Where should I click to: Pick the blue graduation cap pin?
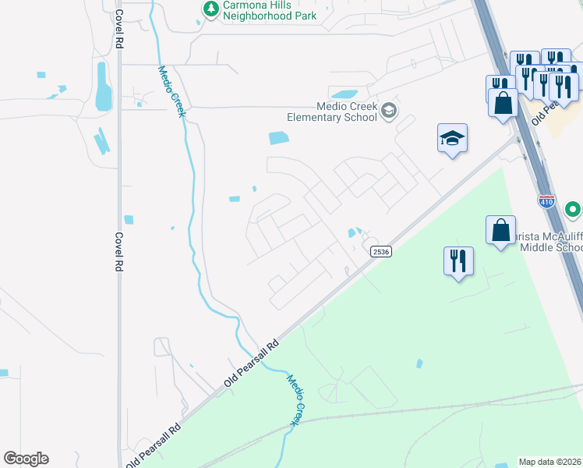(452, 139)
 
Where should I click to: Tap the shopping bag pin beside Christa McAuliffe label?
(500, 231)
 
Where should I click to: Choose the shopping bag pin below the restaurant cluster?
(503, 102)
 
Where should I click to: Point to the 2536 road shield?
(380, 251)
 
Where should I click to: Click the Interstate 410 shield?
(546, 202)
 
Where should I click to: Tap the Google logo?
(26, 459)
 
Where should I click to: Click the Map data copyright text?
(550, 462)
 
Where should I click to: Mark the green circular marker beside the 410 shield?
(573, 210)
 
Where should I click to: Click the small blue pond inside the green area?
(419, 363)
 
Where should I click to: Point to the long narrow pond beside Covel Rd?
(103, 87)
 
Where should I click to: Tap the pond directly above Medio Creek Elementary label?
(343, 94)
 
